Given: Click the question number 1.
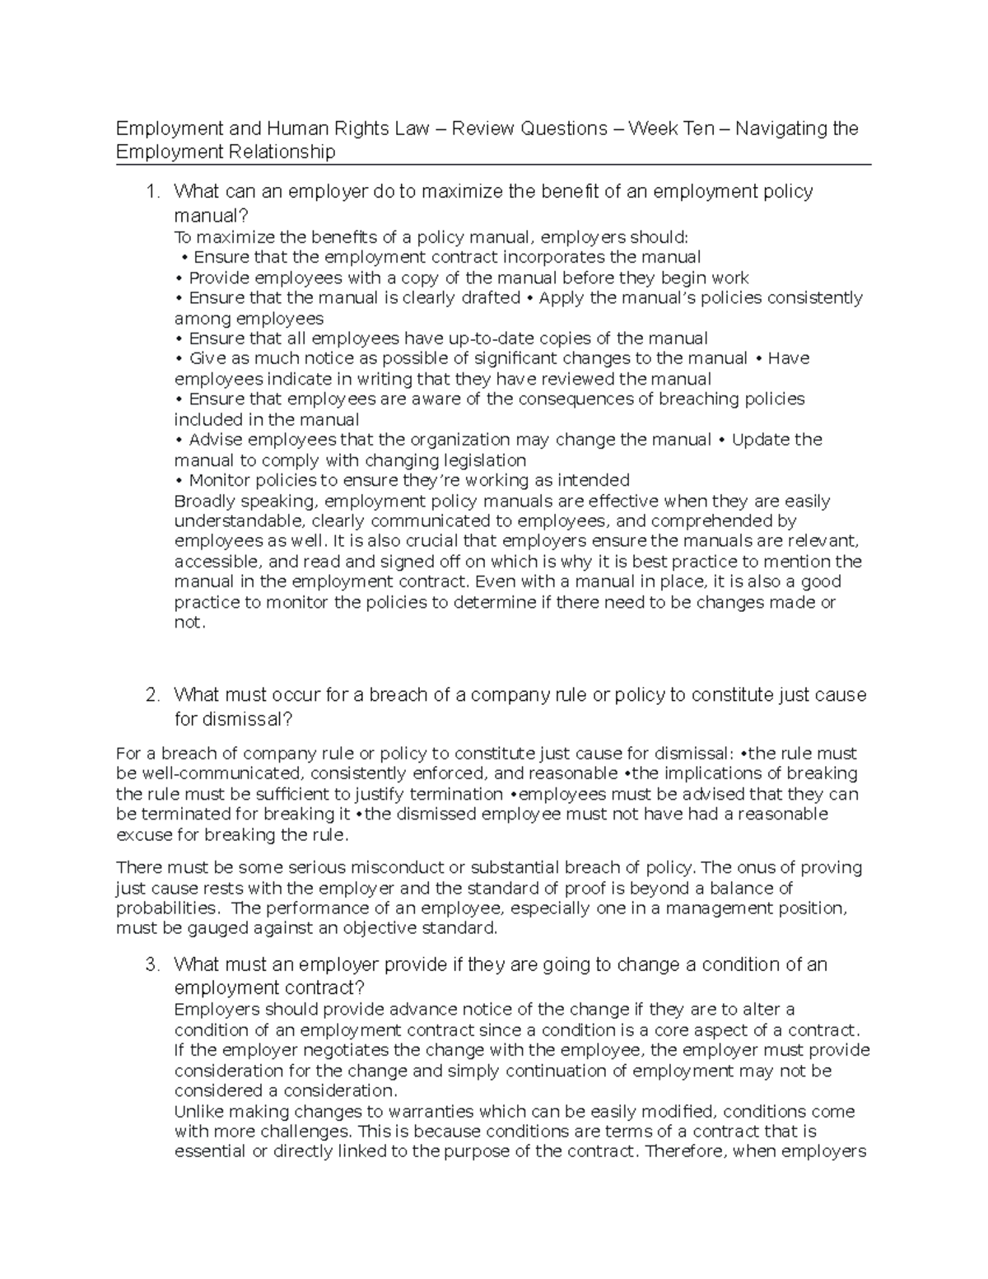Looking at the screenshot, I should click(x=150, y=192).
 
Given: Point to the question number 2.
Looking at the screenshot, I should click(x=150, y=695).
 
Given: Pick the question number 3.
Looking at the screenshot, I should click(x=150, y=964).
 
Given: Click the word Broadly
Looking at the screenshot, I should click(x=204, y=502).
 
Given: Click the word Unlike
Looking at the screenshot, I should click(x=198, y=1112).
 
